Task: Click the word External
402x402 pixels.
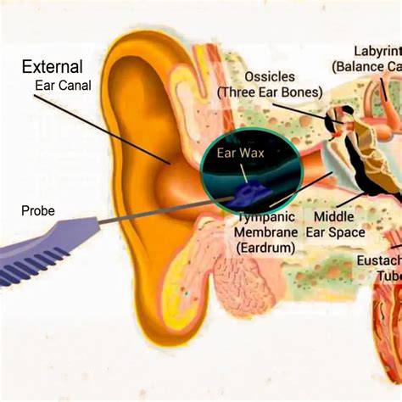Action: pos(53,67)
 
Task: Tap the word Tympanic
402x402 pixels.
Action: pos(265,217)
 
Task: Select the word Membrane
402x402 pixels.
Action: pos(267,232)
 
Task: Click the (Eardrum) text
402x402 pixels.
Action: pos(266,248)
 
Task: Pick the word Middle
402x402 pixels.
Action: pos(335,217)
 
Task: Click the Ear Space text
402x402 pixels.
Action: pos(338,232)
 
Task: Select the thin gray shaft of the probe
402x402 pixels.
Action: pos(161,212)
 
